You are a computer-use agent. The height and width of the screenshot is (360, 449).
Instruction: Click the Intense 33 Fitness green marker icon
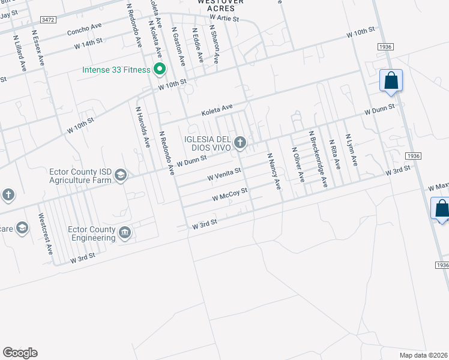tap(160, 70)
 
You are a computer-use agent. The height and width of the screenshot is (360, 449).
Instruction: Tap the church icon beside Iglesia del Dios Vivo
tap(240, 143)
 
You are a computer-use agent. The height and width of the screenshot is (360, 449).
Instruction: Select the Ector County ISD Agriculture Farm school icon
tap(120, 175)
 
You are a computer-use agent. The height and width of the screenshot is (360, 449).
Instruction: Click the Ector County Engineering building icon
tap(125, 232)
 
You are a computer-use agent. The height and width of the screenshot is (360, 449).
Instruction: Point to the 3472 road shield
tap(49, 20)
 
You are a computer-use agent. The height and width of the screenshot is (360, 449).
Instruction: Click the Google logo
tap(20, 352)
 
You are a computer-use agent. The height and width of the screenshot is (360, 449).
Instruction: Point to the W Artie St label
tap(224, 19)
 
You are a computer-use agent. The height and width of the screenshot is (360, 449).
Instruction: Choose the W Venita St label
tap(224, 174)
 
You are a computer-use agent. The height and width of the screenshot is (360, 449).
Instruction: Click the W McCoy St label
tap(230, 194)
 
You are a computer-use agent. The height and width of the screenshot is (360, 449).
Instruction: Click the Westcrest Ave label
tap(45, 233)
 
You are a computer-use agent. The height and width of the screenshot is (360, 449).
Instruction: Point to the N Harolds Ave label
tap(142, 128)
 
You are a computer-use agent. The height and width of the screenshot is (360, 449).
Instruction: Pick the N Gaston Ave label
tap(179, 46)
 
